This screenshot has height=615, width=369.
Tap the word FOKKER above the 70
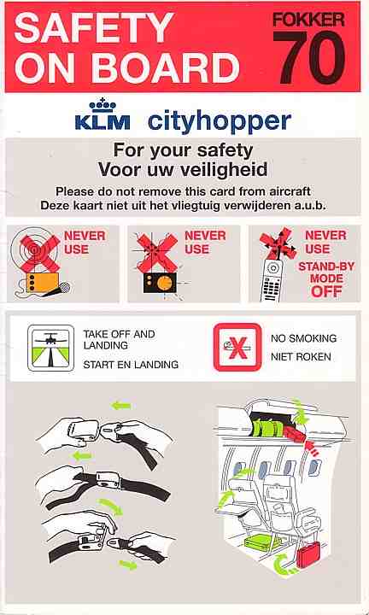(x=308, y=19)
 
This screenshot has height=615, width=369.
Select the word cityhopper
(x=220, y=122)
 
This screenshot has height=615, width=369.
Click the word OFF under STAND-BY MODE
(x=326, y=292)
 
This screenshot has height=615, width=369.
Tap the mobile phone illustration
(x=272, y=280)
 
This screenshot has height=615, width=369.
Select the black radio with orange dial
(x=160, y=283)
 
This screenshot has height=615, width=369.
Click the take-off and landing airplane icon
(x=50, y=348)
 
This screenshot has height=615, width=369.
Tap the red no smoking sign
(x=237, y=347)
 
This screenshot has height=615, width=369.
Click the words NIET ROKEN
(x=301, y=357)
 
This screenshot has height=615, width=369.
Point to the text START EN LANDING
(x=131, y=365)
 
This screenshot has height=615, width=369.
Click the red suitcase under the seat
(x=307, y=554)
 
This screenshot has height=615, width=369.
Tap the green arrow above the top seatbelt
(x=121, y=406)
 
